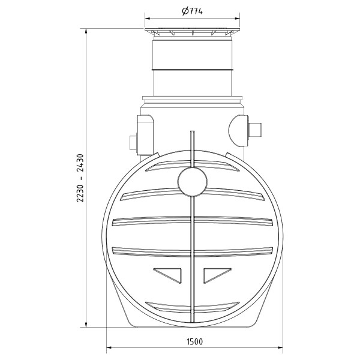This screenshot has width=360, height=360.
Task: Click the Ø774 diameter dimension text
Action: point(193,11)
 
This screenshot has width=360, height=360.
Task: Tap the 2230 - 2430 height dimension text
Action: point(80,180)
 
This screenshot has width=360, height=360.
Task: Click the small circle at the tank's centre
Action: point(192,181)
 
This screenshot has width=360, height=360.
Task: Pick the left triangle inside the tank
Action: point(169,274)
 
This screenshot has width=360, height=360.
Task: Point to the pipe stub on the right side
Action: point(257,130)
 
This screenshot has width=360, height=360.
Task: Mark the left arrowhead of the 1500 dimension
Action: point(110,347)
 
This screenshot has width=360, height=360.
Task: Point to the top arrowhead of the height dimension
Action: point(87,30)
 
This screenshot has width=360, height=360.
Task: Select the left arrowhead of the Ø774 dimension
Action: point(148,19)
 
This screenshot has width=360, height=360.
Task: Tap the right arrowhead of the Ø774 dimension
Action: point(237,19)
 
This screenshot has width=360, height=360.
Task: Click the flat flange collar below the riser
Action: point(192,99)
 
